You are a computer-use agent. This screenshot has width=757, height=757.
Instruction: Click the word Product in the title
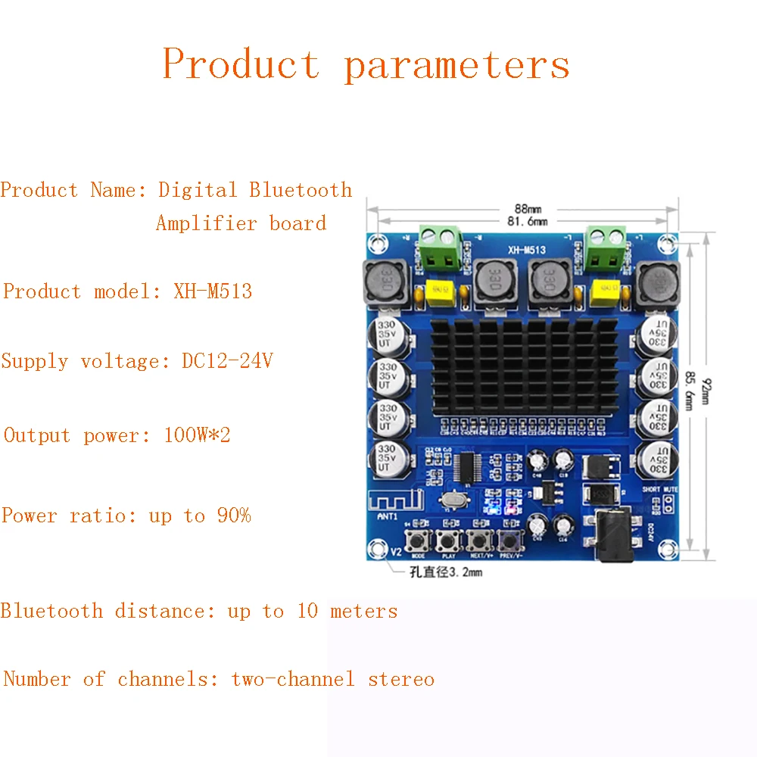[241, 64]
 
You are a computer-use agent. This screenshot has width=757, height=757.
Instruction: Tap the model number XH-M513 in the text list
[213, 291]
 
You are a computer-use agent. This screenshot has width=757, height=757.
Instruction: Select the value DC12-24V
[227, 361]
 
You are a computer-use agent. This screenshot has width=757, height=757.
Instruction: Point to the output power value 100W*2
[197, 435]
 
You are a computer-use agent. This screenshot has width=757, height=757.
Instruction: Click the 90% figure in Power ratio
[234, 516]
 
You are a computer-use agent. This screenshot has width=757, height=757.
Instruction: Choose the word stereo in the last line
[401, 679]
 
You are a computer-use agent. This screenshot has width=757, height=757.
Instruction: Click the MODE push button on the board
[419, 540]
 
